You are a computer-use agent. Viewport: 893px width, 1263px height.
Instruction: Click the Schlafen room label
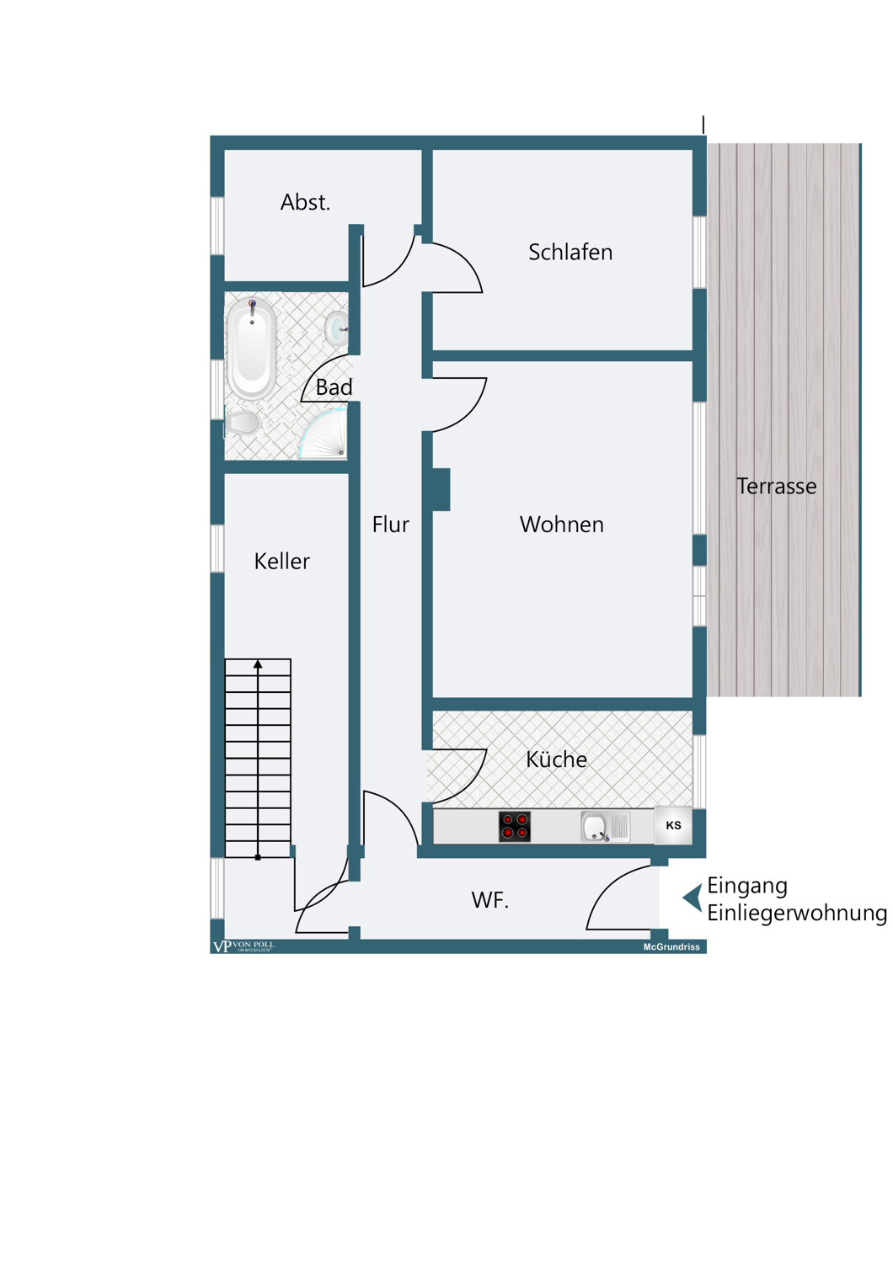[569, 252]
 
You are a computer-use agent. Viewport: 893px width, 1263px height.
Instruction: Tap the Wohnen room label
[561, 525]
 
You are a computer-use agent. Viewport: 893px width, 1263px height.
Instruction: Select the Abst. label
[305, 202]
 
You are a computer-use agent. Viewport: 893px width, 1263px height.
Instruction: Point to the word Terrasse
[776, 486]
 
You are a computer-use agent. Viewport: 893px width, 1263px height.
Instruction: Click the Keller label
[281, 561]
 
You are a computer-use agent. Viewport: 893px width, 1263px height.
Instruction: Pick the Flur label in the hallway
[390, 525]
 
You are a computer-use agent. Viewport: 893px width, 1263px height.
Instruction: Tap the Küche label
[556, 759]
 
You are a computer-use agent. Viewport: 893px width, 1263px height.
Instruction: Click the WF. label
[489, 900]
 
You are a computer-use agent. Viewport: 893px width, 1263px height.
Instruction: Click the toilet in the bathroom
[243, 423]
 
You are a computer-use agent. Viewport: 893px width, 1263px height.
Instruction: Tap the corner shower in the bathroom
[322, 434]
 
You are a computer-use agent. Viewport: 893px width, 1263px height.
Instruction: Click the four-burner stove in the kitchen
[515, 827]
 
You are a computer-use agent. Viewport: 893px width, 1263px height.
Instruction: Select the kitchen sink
[605, 827]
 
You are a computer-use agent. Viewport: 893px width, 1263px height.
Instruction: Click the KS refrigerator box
[673, 825]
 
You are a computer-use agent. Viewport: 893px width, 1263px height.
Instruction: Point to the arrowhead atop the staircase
[258, 664]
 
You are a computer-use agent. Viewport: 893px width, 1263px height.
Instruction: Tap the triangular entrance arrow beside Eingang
[692, 898]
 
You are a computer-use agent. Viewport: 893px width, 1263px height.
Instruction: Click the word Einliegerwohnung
[797, 914]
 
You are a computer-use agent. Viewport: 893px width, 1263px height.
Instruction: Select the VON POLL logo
[243, 946]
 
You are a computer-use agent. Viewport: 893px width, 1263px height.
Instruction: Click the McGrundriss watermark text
[671, 947]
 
